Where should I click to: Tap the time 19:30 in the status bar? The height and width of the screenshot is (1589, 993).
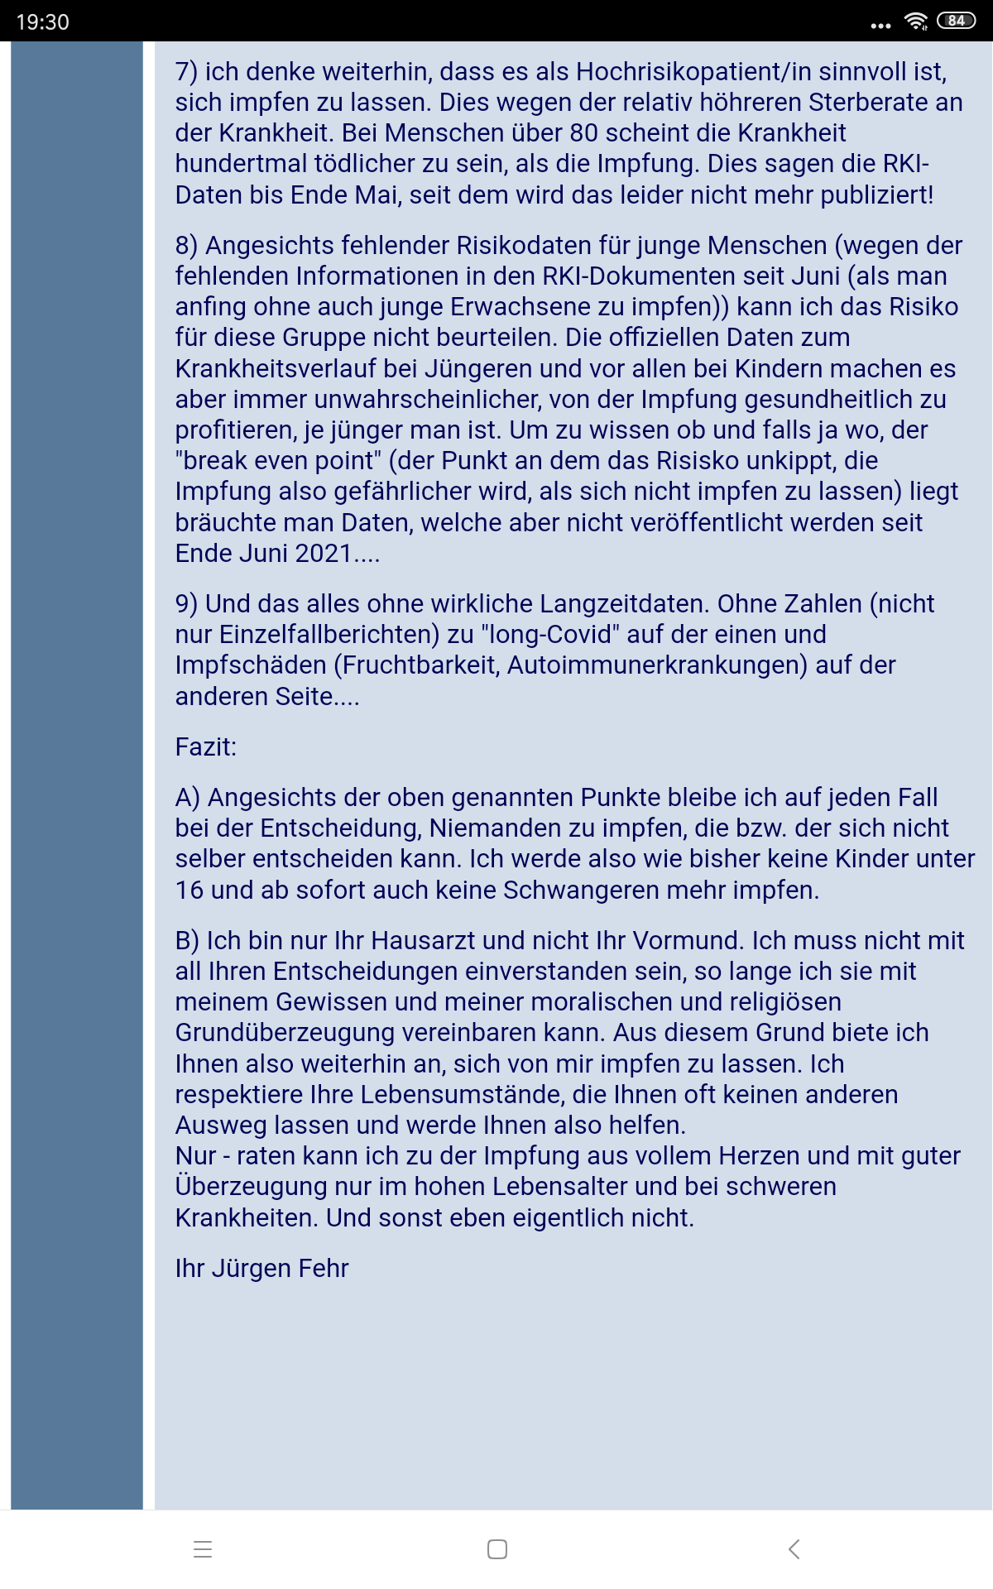[42, 22]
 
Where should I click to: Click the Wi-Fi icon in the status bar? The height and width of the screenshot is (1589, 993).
[916, 22]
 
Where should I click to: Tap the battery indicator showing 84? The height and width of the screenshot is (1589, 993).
[956, 21]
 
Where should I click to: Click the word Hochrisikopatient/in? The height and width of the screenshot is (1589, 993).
[683, 72]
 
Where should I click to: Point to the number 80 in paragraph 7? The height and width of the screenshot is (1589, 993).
[583, 133]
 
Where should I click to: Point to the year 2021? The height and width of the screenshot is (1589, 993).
[324, 554]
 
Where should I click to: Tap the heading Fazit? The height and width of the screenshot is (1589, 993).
[205, 747]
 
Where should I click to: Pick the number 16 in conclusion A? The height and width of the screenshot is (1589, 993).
[189, 891]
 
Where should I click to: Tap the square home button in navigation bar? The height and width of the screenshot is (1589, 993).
[496, 1549]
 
